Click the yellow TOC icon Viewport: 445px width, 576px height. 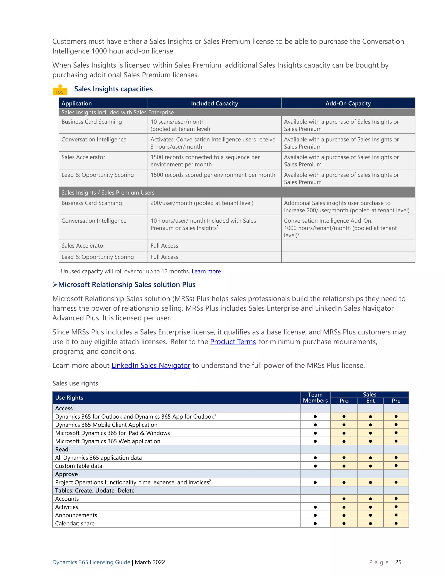(x=60, y=90)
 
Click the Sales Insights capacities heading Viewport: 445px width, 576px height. (x=113, y=89)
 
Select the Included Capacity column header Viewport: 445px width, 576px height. (x=214, y=103)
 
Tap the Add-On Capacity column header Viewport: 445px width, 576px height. (x=348, y=103)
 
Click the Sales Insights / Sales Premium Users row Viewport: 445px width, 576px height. (x=108, y=193)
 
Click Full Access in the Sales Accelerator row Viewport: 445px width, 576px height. (x=164, y=246)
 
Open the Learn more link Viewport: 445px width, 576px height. (x=206, y=271)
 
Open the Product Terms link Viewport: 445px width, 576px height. (x=233, y=342)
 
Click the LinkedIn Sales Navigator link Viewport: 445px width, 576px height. (x=151, y=366)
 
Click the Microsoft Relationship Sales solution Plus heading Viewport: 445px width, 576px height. (x=126, y=285)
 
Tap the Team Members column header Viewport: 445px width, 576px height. (x=315, y=398)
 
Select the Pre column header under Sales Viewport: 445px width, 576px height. (x=396, y=401)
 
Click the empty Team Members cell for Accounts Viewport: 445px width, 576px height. (x=315, y=499)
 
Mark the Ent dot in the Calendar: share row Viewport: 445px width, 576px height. (x=370, y=524)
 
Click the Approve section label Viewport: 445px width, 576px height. (x=66, y=474)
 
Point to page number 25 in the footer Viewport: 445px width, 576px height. (x=398, y=562)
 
